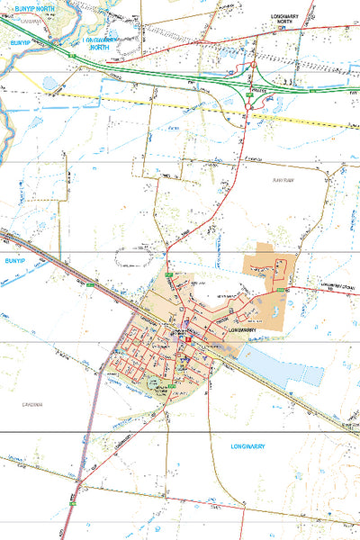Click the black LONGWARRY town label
tap(244, 331)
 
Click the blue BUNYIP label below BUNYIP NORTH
tap(20, 42)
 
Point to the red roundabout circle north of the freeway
tap(255, 65)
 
